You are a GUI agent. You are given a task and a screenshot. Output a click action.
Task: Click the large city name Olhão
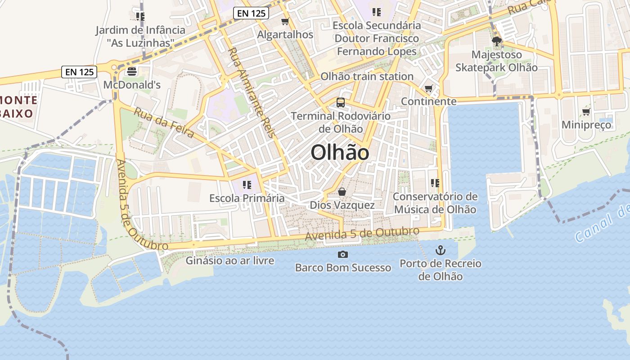point(340,153)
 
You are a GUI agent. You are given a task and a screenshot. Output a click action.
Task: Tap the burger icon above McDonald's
point(132,71)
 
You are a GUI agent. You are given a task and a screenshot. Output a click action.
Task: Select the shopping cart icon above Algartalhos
point(285,21)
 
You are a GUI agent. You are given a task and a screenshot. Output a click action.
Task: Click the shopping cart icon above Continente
point(428,88)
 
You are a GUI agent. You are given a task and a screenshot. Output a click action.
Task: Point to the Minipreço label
point(586,125)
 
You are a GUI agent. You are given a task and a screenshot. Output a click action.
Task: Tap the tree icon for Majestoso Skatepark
point(497,42)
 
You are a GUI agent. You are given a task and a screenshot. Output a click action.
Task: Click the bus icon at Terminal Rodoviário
point(341,103)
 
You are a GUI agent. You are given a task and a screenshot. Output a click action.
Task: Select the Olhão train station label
point(367,76)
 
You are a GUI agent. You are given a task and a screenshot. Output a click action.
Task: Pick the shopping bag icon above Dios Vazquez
point(342,192)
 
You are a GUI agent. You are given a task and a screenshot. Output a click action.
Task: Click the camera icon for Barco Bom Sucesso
point(343,255)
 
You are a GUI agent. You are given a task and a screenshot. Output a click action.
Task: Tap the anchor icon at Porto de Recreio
point(440,250)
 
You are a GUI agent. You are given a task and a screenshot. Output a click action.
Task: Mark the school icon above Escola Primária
point(247,185)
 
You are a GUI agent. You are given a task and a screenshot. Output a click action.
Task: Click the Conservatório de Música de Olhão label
point(435,203)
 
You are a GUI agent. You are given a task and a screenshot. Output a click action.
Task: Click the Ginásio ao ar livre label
point(230,260)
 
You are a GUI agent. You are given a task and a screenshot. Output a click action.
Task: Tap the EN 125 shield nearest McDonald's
point(79,72)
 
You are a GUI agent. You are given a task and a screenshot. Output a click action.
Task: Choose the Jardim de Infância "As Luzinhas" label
point(140,36)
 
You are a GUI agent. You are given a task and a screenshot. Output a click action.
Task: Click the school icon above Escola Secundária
point(377,12)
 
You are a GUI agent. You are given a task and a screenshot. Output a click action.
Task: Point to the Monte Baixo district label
point(18,106)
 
